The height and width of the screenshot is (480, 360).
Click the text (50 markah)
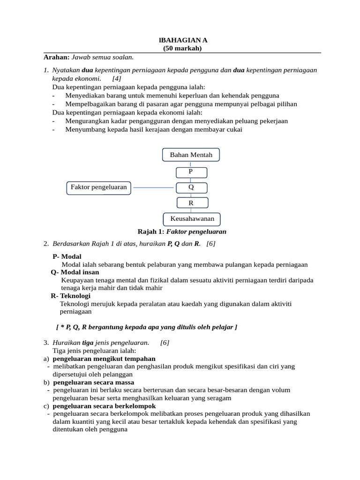coord(182,48)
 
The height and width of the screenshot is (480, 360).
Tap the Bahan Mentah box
coord(191,155)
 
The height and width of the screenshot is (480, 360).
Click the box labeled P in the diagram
coord(191,172)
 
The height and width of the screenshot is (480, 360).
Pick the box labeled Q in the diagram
coord(191,187)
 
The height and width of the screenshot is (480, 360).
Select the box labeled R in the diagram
coord(191,203)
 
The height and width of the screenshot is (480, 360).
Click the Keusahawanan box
coord(192,219)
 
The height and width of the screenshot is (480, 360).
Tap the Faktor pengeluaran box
coord(99,187)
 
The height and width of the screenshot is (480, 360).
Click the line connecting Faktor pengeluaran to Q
coord(153,187)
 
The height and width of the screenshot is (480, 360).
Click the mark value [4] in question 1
coord(117,79)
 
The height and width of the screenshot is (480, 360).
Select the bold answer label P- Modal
coord(67,256)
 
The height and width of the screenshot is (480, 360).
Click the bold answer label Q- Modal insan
coord(75,272)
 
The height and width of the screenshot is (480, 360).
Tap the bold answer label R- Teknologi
coord(71,296)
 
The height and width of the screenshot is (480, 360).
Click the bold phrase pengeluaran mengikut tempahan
coord(104,359)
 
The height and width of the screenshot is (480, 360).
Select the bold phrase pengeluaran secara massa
coord(94,382)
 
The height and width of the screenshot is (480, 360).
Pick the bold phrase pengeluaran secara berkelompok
coord(105,406)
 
